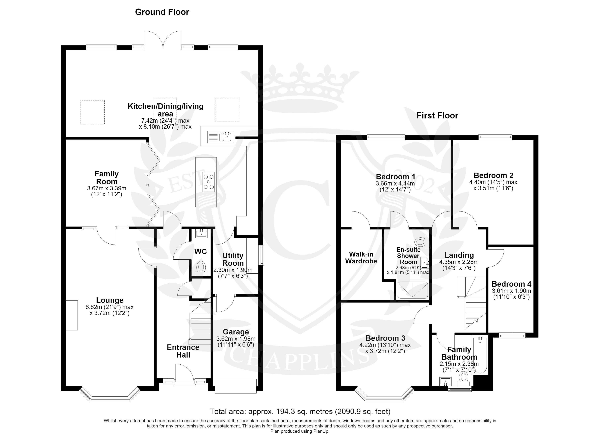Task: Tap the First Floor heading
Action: click(x=437, y=116)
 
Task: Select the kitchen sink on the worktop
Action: click(x=220, y=136)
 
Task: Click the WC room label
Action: click(x=201, y=251)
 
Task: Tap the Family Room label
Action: click(x=107, y=178)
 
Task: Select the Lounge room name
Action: click(x=110, y=300)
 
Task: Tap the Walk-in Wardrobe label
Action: click(x=361, y=258)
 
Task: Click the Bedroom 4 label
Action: click(x=511, y=284)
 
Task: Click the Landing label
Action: click(x=459, y=255)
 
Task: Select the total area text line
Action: click(x=300, y=411)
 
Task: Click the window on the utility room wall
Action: click(x=262, y=255)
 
